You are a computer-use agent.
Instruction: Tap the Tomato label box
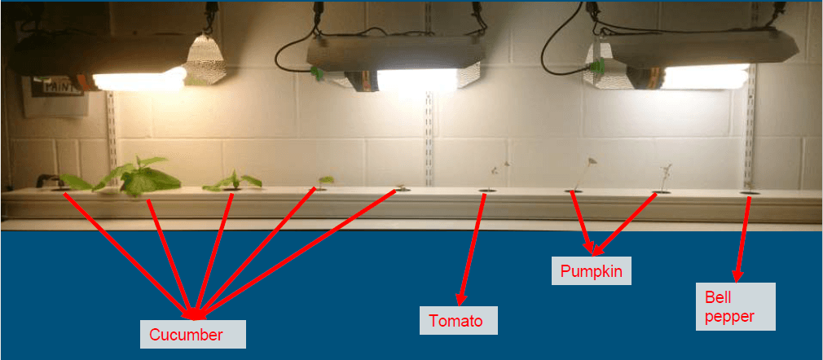(x=458, y=321)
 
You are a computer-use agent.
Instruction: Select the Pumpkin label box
(x=592, y=271)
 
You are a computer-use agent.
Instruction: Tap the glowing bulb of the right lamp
(x=706, y=77)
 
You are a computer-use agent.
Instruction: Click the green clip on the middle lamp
(x=315, y=73)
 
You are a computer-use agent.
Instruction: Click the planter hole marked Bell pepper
(x=749, y=194)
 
